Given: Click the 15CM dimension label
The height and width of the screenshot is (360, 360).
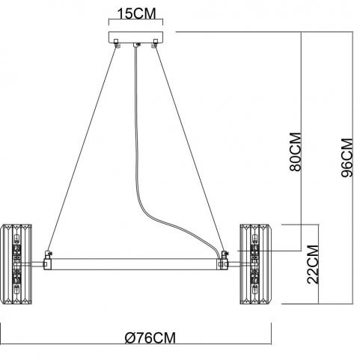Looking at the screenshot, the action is (x=136, y=13).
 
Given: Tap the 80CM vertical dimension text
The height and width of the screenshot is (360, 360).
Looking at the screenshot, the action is (x=296, y=152).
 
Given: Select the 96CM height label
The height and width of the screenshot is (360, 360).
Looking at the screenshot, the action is (x=347, y=158).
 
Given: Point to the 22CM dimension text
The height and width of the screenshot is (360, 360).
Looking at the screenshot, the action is (x=313, y=265).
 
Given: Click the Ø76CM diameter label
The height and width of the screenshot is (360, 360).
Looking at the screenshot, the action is (x=150, y=338).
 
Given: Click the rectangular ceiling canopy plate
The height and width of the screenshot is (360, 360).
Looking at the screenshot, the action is (x=135, y=37).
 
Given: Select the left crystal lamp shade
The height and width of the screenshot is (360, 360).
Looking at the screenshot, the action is (x=16, y=264).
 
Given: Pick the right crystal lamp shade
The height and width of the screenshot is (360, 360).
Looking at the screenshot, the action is (x=255, y=264).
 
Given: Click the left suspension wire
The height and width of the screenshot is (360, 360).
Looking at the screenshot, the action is (x=82, y=148).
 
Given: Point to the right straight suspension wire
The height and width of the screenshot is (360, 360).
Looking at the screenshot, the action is (x=189, y=148).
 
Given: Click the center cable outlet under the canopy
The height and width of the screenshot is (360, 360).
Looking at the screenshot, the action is (x=136, y=45).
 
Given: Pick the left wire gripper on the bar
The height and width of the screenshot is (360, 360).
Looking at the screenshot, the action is (x=48, y=255).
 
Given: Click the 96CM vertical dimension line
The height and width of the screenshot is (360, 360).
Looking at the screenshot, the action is (x=353, y=168).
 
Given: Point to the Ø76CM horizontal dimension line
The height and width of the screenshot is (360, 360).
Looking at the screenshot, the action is (x=136, y=344).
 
